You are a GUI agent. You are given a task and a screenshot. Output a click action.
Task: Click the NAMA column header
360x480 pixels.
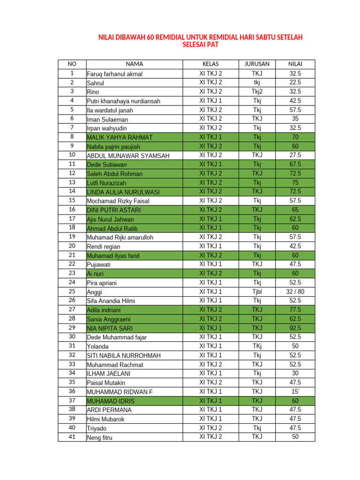[134, 64]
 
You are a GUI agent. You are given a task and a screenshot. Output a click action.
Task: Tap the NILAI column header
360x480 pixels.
[295, 64]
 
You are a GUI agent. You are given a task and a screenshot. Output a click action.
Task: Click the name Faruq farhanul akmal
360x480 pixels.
[115, 74]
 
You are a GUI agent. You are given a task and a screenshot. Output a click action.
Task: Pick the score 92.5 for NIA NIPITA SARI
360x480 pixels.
[295, 328]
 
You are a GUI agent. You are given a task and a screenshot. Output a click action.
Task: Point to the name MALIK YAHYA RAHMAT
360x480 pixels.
[120, 137]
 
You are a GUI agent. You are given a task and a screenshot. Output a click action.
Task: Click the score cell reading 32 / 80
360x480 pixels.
[295, 292]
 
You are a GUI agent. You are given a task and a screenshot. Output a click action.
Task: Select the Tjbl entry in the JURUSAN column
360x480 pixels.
[257, 292]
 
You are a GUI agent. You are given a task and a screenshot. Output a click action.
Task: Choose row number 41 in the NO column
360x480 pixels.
[72, 437]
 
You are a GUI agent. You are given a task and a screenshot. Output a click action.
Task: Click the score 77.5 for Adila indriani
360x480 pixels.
[295, 309]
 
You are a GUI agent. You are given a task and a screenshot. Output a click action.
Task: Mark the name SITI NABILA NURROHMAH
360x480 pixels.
[124, 355]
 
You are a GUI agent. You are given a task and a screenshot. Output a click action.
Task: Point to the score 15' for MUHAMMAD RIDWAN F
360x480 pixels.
[295, 391]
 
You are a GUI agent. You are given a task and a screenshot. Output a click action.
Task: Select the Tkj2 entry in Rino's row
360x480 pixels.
[257, 91]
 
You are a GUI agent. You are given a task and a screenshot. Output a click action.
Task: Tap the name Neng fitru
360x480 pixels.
[100, 438]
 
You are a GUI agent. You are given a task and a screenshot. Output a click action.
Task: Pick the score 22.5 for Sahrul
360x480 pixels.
[295, 82]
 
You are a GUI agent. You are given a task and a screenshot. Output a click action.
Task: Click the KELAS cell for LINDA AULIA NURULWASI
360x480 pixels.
[211, 191]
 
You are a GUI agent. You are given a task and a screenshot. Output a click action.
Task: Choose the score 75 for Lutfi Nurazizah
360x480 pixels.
[295, 182]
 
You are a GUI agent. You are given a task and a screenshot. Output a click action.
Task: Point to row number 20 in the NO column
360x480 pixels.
[72, 246]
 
